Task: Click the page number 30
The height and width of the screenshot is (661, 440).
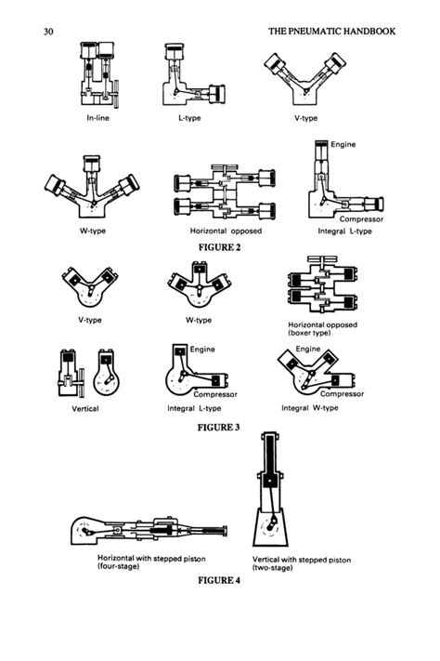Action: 48,32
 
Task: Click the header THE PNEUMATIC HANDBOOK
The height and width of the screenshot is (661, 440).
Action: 331,32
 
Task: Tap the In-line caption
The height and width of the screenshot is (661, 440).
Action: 97,118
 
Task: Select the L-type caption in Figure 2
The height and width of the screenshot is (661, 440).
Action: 189,118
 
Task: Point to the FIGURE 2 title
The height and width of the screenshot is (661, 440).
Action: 219,247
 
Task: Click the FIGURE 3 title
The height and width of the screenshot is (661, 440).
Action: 218,428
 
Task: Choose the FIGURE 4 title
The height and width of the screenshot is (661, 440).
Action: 219,580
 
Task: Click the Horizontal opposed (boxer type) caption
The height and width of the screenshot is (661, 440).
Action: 322,329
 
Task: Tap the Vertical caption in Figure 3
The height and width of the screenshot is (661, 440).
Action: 85,408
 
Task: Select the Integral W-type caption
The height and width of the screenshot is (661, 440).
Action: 310,408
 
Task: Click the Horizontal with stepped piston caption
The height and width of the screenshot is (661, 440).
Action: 151,562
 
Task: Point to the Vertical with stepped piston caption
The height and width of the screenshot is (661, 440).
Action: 302,563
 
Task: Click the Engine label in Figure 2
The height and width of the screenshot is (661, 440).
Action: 343,145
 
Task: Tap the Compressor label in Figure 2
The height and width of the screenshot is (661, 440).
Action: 361,219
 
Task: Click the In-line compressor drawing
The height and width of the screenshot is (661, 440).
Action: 100,74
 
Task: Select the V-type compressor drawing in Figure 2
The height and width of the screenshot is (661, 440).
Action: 305,79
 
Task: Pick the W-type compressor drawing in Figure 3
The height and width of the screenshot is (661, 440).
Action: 200,284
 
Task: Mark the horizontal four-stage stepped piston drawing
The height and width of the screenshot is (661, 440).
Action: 149,530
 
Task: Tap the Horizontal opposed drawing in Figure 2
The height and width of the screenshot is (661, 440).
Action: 225,192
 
